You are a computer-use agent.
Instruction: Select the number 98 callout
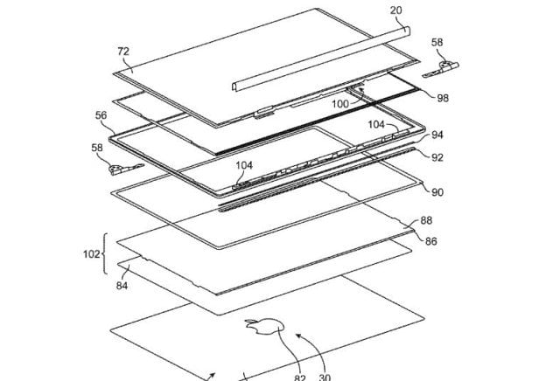point(444,100)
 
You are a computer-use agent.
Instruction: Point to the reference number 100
point(340,104)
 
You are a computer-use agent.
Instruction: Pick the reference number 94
point(437,135)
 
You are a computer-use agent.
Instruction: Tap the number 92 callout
point(437,156)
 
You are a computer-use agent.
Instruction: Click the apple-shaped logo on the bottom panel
point(260,330)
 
